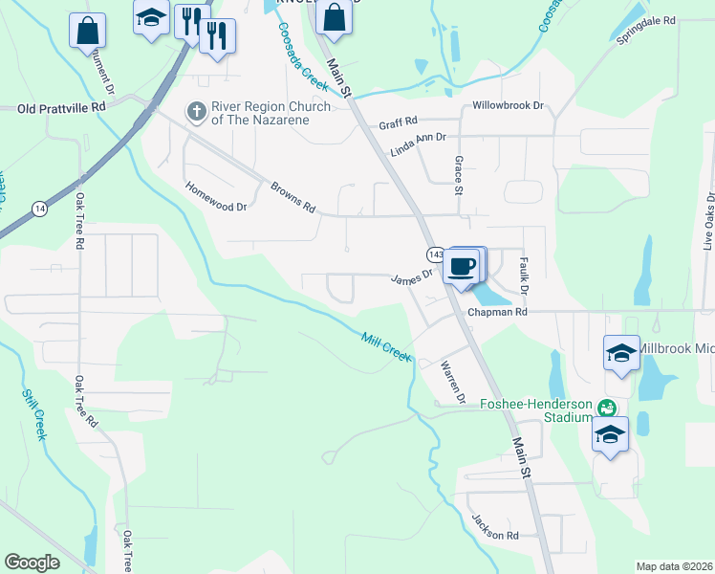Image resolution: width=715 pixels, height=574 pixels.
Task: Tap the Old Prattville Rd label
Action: point(61,108)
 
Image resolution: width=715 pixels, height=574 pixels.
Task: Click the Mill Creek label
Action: point(386,345)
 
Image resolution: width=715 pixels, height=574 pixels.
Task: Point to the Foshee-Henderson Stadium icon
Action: point(605,408)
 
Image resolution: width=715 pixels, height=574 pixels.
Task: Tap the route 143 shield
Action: point(435,254)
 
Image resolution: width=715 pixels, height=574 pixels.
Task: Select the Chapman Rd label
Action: point(497,312)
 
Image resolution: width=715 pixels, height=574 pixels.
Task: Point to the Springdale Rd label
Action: point(646,20)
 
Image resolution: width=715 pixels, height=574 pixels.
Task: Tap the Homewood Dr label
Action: point(215,197)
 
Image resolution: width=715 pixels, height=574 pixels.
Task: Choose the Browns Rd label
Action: point(292,197)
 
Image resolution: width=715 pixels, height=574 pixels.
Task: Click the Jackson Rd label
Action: point(494,527)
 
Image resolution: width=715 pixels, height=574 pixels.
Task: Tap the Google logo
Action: point(32,563)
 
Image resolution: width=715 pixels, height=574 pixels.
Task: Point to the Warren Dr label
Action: point(452,380)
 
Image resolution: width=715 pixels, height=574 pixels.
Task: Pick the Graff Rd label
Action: point(398,122)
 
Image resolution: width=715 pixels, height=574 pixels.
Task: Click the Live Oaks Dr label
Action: point(708,221)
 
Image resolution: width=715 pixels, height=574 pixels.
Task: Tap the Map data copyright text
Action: point(674,566)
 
